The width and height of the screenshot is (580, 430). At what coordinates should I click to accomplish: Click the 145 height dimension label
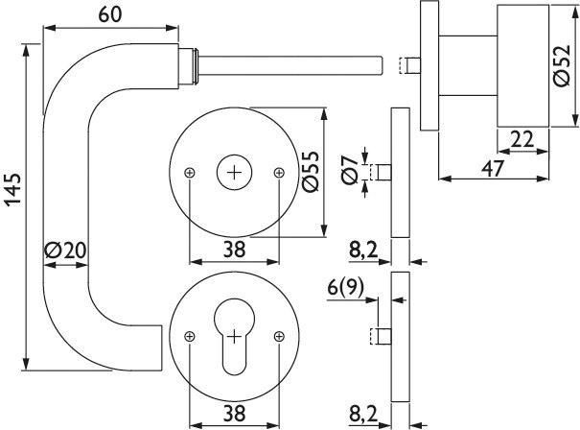coord(13,188)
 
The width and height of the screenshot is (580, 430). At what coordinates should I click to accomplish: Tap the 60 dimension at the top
coord(110,15)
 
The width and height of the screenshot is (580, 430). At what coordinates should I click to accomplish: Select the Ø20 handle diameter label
coord(66,251)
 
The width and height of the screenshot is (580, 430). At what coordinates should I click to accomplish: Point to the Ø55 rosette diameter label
coord(311,172)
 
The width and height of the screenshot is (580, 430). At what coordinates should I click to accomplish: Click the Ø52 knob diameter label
coord(562,66)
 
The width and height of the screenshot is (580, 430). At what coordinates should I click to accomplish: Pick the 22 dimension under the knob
coord(522,139)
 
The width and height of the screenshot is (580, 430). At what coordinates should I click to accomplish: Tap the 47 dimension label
coord(493,169)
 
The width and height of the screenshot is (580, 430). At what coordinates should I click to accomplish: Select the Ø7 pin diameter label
coord(350,170)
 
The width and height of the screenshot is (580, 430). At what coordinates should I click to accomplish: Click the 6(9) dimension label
coord(346,287)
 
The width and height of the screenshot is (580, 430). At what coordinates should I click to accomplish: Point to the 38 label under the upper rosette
coord(234,250)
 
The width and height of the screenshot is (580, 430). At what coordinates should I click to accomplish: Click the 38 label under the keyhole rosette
coord(234,414)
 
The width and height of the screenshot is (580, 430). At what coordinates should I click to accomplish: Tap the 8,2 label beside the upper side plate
coord(363,251)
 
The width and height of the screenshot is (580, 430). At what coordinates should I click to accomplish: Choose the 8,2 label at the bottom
coord(363,415)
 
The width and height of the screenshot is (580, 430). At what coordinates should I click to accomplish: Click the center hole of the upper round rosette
coord(234,172)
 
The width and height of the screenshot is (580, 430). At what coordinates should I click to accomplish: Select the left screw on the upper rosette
coord(190,173)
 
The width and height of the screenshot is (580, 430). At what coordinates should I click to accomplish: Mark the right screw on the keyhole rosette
coord(279,337)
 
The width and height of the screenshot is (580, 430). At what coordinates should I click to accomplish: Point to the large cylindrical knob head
coord(522,66)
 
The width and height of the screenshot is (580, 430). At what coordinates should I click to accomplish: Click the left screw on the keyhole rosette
coord(190,337)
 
